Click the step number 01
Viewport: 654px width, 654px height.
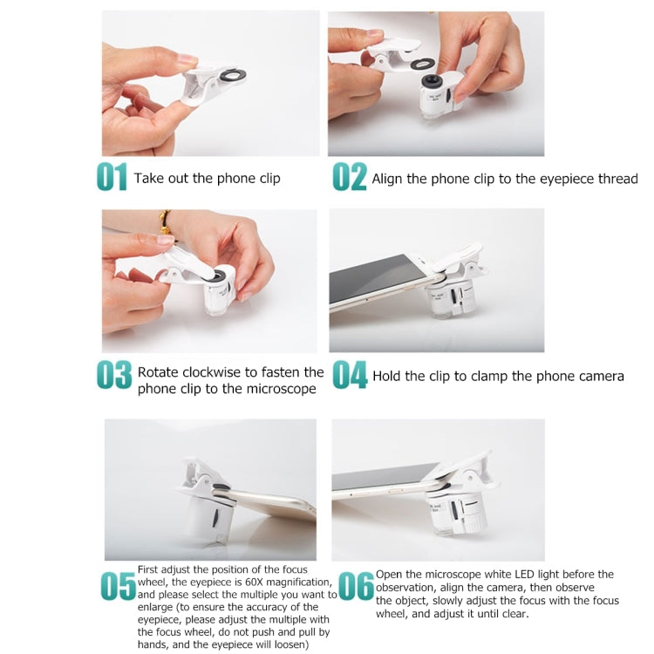click(x=112, y=177)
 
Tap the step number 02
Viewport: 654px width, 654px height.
click(x=350, y=177)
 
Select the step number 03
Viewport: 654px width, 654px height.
click(x=114, y=375)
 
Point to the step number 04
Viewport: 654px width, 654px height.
click(x=350, y=375)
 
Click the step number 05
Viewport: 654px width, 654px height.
click(x=119, y=586)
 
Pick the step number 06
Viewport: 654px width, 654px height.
click(x=356, y=586)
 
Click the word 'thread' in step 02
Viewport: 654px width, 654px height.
click(x=617, y=179)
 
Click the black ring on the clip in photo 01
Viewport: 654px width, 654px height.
click(x=232, y=76)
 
